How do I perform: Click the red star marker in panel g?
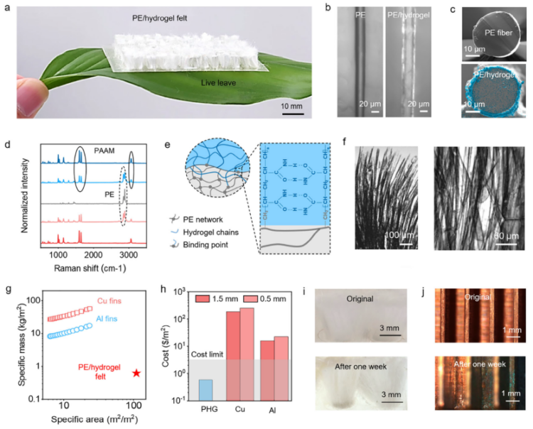136,372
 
